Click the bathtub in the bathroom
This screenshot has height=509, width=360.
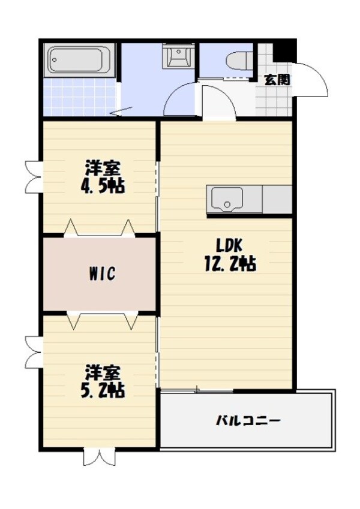[80, 60]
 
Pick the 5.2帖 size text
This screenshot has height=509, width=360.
[103, 390]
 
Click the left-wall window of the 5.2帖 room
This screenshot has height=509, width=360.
[32, 351]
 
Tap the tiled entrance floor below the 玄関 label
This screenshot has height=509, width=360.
[273, 102]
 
